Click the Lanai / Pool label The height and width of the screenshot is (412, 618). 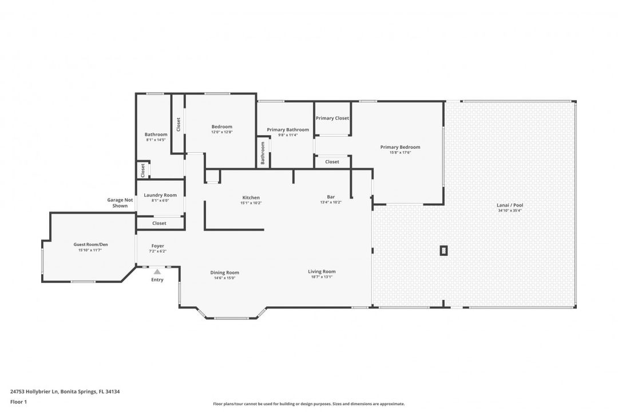point(510,205)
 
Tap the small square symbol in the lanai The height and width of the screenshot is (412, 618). point(443,250)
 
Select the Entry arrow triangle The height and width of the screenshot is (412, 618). point(157,272)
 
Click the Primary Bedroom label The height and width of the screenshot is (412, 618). point(400,147)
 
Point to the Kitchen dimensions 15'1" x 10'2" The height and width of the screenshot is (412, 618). point(251,203)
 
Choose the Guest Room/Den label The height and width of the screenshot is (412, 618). point(90,244)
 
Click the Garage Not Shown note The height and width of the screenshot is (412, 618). point(120,203)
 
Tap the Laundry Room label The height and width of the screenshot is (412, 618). point(160,195)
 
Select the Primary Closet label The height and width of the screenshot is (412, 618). point(332,118)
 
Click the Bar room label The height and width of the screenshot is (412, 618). point(331,197)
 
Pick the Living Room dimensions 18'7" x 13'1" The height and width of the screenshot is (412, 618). point(322,277)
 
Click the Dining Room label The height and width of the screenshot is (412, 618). point(224,272)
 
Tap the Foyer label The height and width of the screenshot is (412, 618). point(157,246)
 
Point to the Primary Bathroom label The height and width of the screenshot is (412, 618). point(288,129)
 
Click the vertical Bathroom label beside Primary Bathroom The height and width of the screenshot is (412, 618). point(263,153)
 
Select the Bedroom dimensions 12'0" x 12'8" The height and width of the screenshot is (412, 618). point(222,132)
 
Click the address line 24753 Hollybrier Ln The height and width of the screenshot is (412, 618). point(65,392)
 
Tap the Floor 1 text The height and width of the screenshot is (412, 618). point(18,402)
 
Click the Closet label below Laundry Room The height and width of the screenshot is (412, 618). point(159,223)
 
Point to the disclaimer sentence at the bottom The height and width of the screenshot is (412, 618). point(309,403)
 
